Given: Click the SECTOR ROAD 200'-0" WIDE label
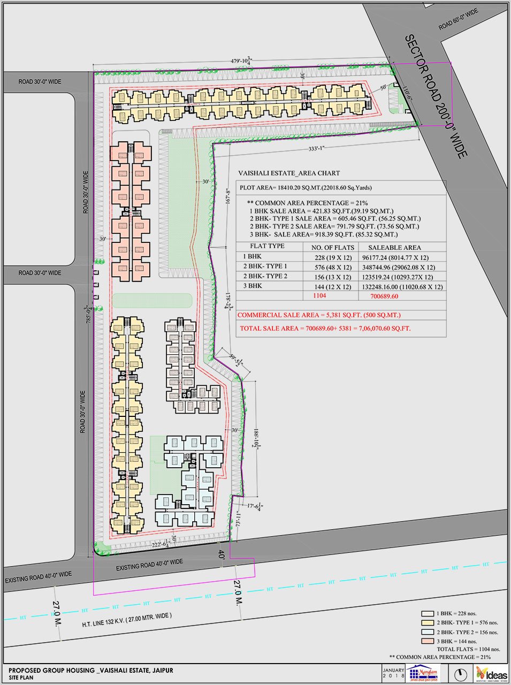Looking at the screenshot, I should (x=436, y=96).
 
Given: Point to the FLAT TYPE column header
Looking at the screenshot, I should (x=267, y=247).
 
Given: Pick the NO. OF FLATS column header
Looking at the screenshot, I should (x=333, y=247).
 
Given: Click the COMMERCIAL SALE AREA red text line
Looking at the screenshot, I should (x=318, y=315).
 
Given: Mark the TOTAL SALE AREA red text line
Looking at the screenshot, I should (x=325, y=328).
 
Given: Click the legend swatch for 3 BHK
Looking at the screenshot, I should (x=427, y=641).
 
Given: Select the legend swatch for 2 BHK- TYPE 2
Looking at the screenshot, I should (x=427, y=632).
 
